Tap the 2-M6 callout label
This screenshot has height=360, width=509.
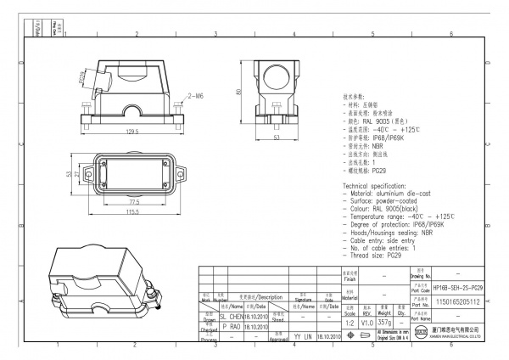coord(195,96)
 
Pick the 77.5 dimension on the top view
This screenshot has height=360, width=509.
coord(134,202)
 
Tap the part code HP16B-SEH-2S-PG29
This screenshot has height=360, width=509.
coord(457,289)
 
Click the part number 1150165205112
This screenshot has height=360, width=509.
coord(457,301)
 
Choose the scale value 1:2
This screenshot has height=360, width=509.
coord(349,323)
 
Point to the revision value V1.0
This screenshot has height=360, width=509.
coord(367,323)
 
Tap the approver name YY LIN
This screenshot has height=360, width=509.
coord(304,337)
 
